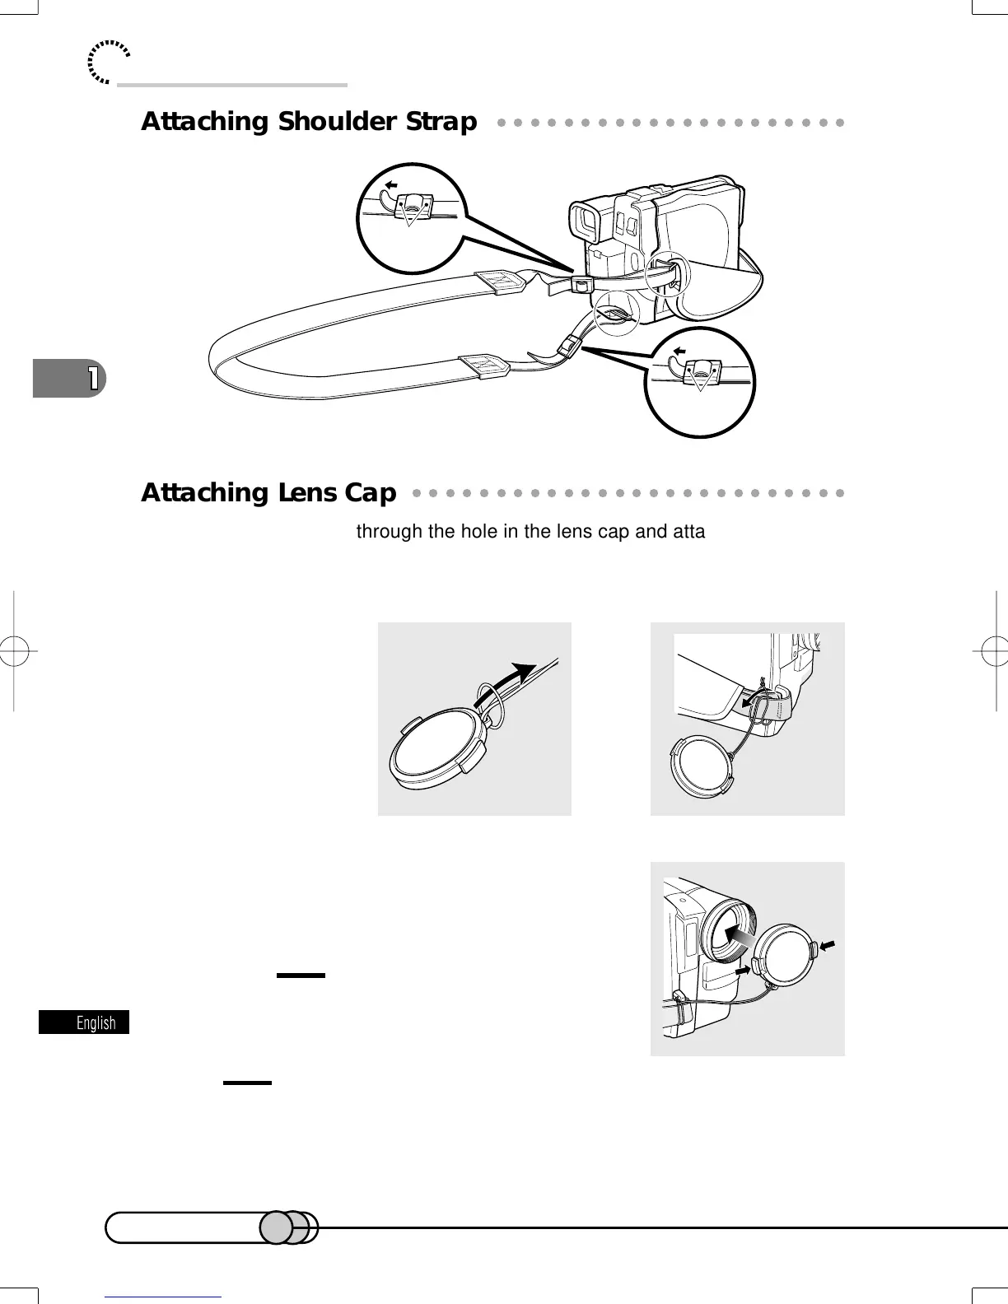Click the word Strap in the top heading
tap(441, 122)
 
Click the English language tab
tap(85, 1022)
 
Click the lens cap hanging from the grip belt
tap(701, 766)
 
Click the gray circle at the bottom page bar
tap(277, 1227)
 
